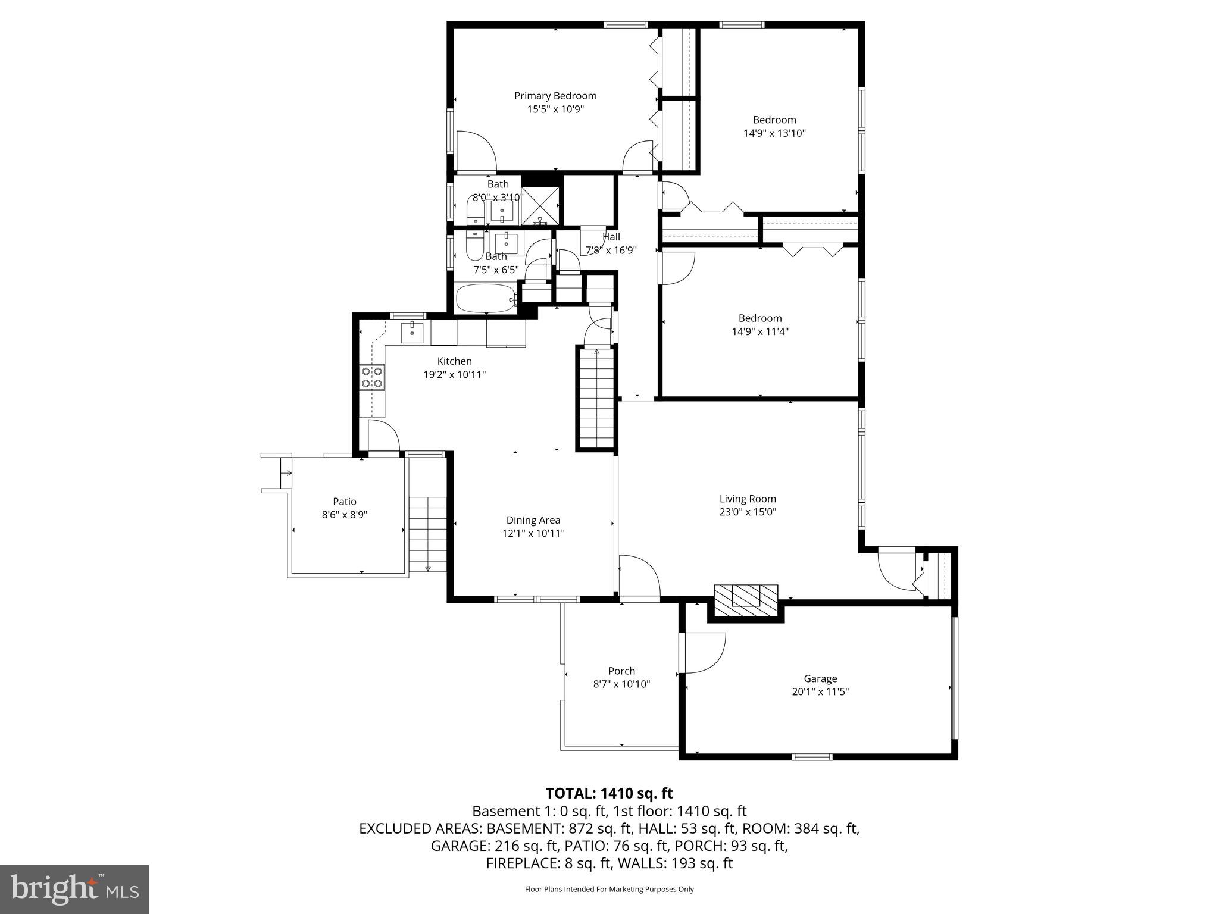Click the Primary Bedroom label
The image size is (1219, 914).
click(x=555, y=96)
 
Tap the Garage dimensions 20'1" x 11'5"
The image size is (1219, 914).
click(x=820, y=691)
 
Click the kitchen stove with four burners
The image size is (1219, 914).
click(x=372, y=377)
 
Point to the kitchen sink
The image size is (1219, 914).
click(x=411, y=332)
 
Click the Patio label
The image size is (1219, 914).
click(x=344, y=502)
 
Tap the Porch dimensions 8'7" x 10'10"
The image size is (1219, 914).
click(x=621, y=684)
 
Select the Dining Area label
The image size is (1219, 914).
click(x=533, y=520)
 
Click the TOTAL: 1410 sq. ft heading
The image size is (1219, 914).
click(x=609, y=793)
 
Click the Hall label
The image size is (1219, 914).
click(x=611, y=237)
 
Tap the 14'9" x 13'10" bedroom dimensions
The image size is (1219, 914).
click(x=774, y=133)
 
